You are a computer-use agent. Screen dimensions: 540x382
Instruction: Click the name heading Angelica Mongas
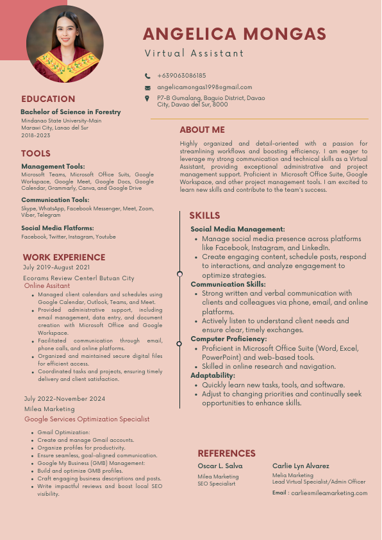point(234,34)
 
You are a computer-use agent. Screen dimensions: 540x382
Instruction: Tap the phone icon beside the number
point(147,76)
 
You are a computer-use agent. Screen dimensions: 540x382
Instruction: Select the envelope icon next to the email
point(147,87)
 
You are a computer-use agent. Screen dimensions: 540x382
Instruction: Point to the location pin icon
point(147,98)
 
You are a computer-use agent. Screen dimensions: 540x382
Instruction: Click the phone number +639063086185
point(181,76)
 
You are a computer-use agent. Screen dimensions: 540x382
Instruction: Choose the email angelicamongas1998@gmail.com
point(204,87)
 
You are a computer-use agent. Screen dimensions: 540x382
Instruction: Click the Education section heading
point(48,99)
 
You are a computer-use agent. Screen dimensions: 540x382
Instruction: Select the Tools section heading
point(36,153)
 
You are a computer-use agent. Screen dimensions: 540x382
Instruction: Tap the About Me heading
point(202,130)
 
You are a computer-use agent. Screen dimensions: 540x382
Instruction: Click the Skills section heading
point(204,215)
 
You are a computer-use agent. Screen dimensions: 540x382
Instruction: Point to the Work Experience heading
point(63,257)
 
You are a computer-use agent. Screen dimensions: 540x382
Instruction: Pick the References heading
point(226,453)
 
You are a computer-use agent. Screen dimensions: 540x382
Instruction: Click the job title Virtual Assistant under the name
point(194,53)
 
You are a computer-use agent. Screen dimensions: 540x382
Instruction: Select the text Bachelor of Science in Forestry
point(71,112)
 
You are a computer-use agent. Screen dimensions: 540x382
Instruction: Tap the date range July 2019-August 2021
point(56,267)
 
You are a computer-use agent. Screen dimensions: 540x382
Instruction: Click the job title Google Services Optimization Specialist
point(87,419)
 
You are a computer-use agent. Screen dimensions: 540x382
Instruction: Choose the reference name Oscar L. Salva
point(220,466)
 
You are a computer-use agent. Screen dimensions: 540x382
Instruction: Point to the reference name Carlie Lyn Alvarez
point(301,466)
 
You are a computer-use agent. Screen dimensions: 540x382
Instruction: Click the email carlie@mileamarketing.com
point(329,493)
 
